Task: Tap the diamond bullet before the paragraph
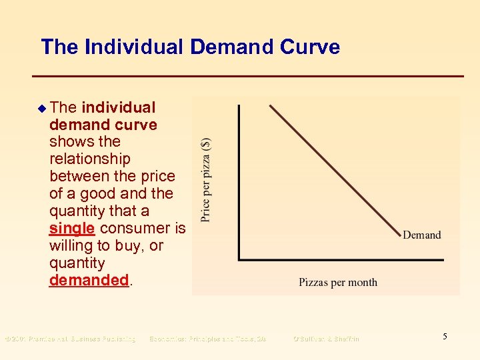(43, 107)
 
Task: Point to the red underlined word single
(71, 229)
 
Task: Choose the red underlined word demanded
(89, 281)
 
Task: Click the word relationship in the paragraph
(90, 159)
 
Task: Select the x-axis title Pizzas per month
(337, 282)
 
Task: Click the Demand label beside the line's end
(421, 235)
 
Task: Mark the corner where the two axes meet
(239, 259)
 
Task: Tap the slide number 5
(445, 337)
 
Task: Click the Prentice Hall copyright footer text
(70, 339)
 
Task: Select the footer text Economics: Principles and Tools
(207, 339)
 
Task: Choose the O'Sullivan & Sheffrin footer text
(326, 339)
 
